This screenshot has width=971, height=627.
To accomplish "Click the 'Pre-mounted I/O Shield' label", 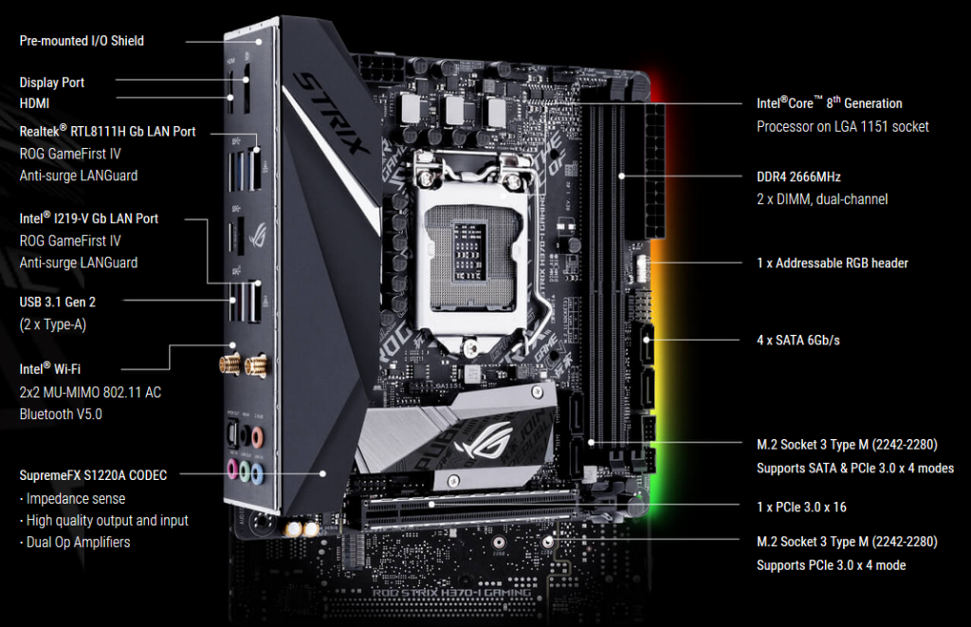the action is (x=82, y=41).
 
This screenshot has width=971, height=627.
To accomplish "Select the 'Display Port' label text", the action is (x=52, y=83).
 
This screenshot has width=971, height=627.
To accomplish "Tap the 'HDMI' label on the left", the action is (x=34, y=103).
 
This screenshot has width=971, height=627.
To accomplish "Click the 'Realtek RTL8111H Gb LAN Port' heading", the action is (x=107, y=131).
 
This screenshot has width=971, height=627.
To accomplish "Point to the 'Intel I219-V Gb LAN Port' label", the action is (x=88, y=218).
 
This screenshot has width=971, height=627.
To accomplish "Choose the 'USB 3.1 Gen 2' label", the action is (x=58, y=303).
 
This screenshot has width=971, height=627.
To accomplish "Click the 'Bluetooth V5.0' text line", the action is (x=61, y=414).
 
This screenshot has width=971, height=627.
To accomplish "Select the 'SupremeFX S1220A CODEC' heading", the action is (x=93, y=475).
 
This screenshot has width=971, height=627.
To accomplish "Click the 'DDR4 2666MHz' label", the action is (x=798, y=177).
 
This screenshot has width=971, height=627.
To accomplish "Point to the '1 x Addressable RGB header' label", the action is (x=833, y=264).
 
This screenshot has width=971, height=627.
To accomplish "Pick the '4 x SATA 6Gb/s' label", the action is (x=798, y=341).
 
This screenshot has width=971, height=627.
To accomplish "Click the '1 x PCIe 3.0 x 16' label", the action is (x=801, y=507).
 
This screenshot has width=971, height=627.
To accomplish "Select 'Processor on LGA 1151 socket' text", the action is (x=843, y=126).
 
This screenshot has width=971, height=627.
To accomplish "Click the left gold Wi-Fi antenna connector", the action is (x=229, y=364).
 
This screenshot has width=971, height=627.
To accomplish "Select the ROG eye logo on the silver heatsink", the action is (x=484, y=439).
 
